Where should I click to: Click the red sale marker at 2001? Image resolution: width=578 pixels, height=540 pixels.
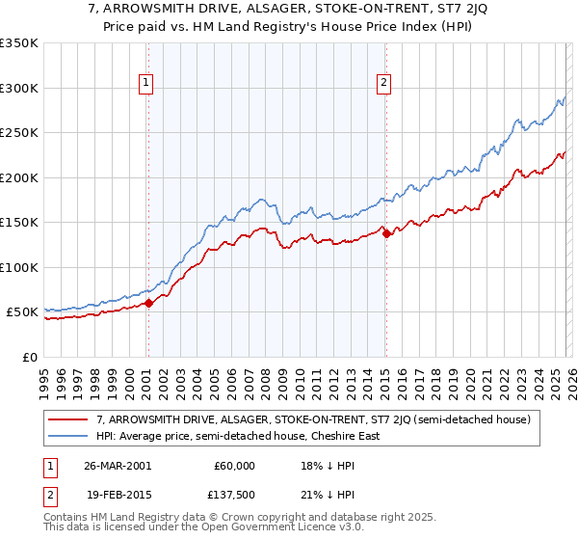148,303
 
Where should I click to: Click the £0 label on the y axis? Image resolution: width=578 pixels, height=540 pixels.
29,357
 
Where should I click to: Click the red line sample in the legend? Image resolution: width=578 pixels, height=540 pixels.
69,419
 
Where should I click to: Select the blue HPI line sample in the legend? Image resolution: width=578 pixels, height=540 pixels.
69,436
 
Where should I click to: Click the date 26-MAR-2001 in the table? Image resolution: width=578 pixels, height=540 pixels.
118,466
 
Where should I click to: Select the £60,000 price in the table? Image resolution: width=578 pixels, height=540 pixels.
234,466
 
